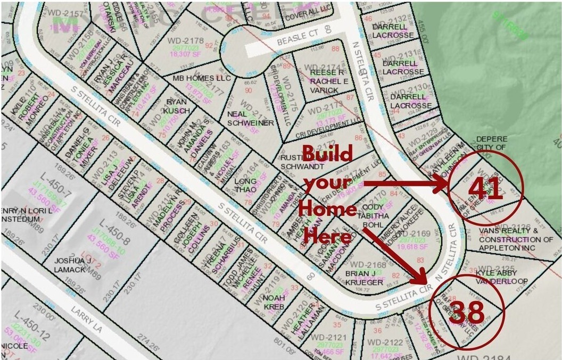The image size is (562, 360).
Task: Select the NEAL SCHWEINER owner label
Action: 250,119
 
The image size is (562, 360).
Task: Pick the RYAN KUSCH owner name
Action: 177,106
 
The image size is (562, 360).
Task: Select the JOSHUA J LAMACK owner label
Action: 73,265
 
